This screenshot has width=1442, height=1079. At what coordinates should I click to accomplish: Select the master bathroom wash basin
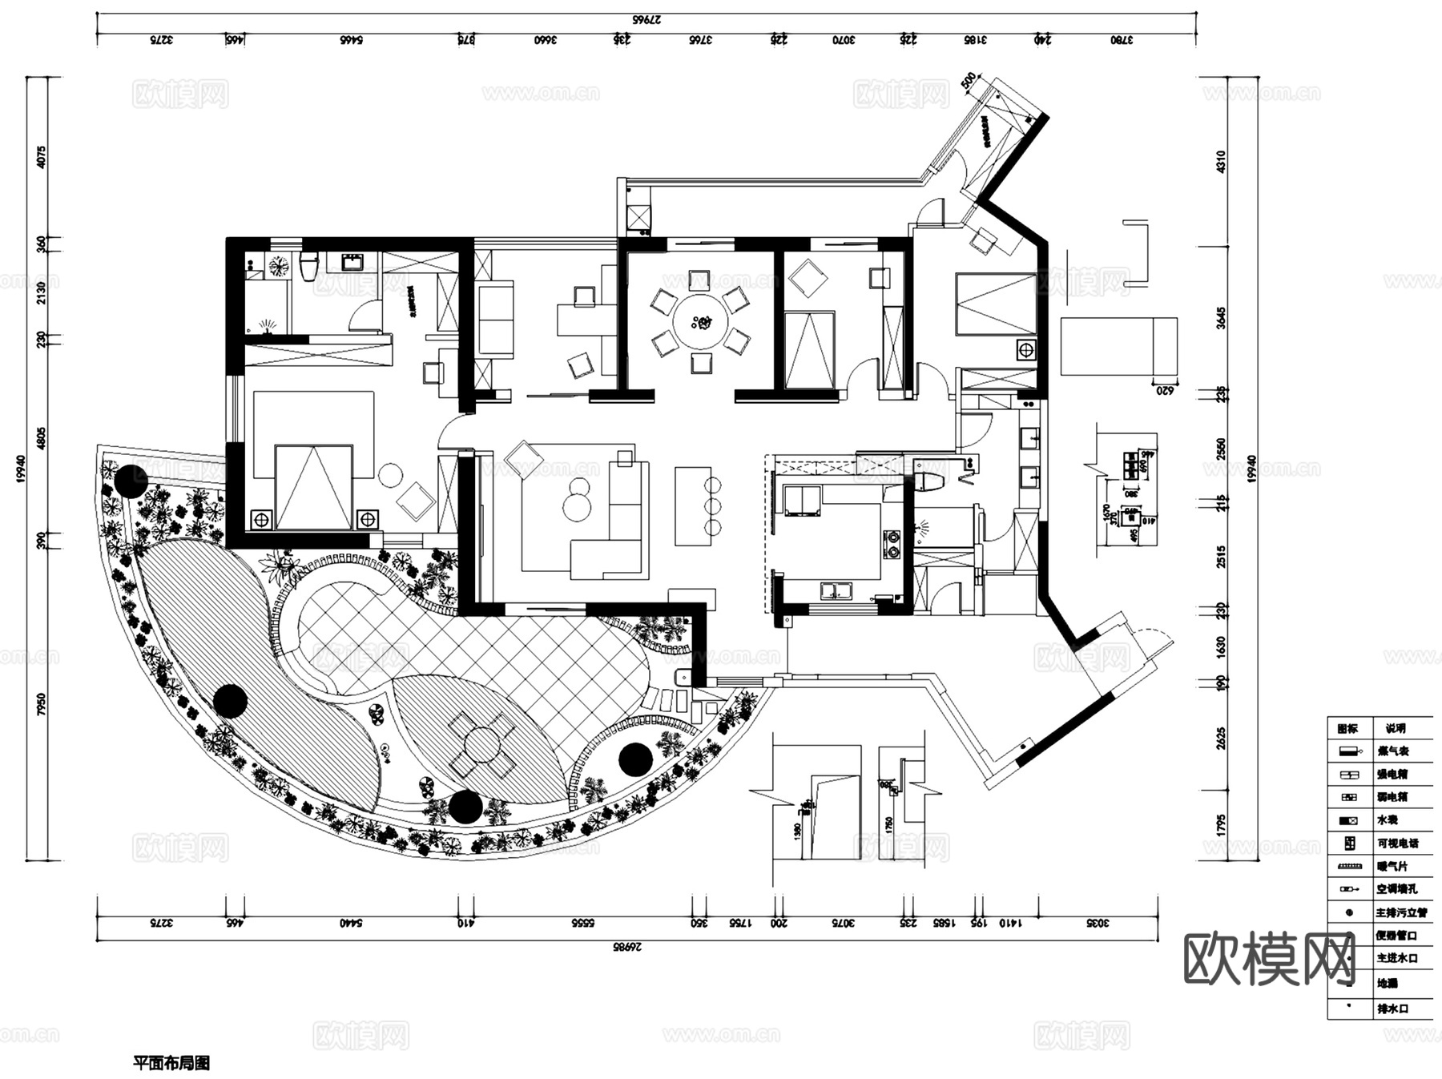[x=351, y=262]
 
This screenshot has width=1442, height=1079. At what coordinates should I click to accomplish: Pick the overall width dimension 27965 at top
[x=646, y=20]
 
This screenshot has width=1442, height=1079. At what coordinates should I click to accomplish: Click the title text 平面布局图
[x=171, y=1063]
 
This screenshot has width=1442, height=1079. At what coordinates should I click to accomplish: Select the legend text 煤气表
[x=1392, y=751]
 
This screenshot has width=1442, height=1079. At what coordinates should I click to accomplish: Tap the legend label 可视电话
[x=1397, y=843]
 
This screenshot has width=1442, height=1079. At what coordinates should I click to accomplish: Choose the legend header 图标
[x=1347, y=728]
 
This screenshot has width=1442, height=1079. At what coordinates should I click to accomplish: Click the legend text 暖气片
[x=1392, y=866]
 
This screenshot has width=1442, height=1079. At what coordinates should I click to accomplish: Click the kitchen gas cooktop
[x=892, y=544]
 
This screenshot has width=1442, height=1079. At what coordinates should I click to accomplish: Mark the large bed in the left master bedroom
[x=313, y=485]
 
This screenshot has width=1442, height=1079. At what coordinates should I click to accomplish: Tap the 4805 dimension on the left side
[x=42, y=438]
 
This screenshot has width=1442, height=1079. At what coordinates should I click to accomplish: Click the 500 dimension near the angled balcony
[x=969, y=81]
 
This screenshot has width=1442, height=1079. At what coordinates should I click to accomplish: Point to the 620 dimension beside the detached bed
[x=1165, y=390]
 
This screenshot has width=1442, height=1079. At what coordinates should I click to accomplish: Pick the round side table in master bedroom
[x=391, y=474]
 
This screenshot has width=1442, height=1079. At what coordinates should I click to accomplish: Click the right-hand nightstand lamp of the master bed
[x=367, y=519]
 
